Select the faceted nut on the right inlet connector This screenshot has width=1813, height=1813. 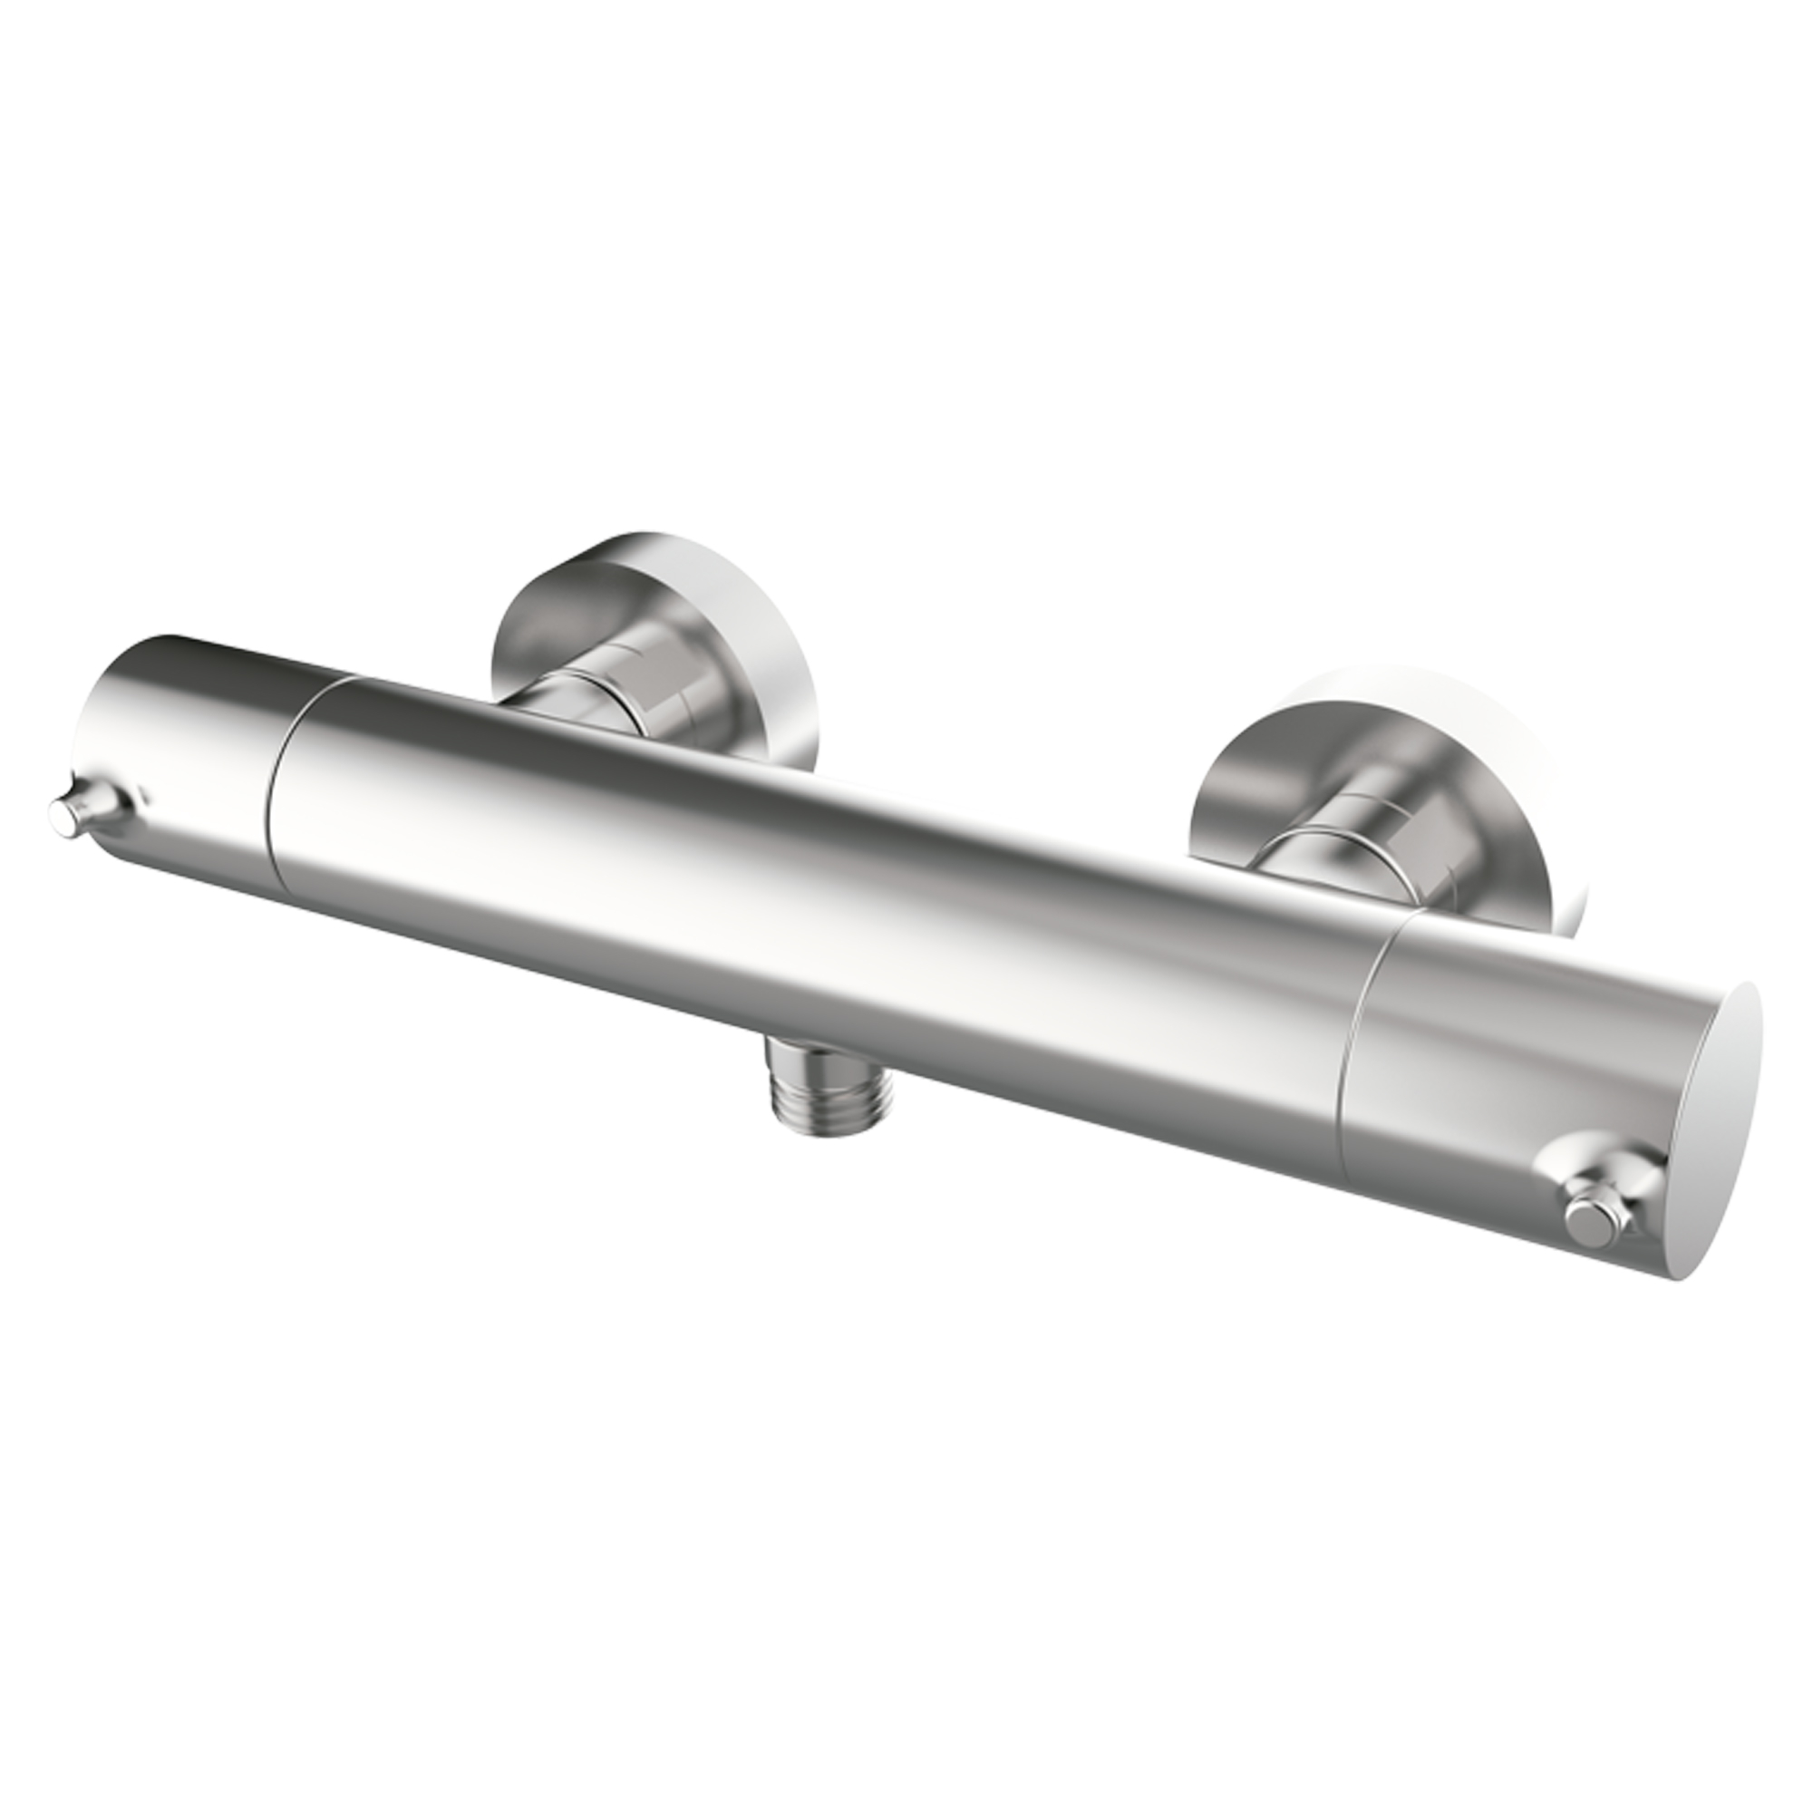tap(1389, 826)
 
